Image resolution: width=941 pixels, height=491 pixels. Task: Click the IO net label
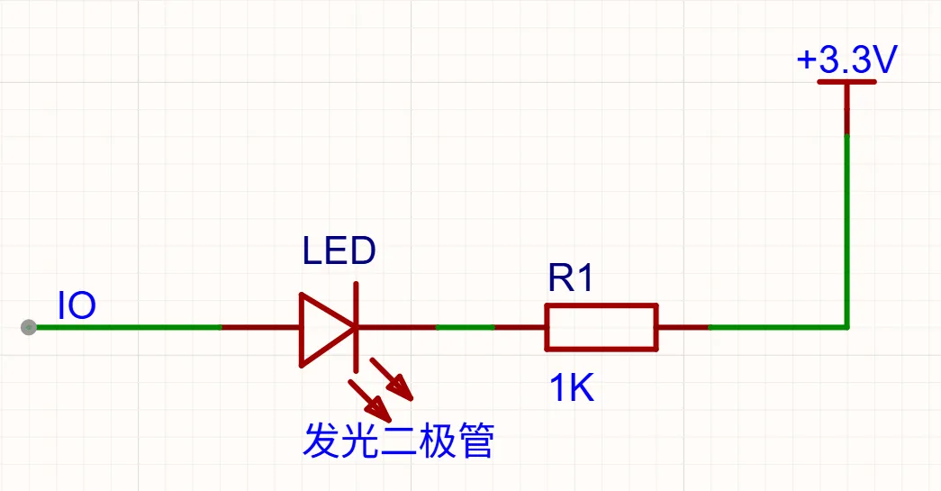(77, 305)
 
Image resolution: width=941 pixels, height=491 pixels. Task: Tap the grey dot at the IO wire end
(28, 327)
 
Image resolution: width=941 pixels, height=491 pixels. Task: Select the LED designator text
(339, 250)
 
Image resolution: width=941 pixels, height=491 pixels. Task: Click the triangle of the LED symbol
(327, 329)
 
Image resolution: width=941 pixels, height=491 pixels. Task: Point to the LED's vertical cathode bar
(356, 328)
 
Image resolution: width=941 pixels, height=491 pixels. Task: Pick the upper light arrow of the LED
(392, 378)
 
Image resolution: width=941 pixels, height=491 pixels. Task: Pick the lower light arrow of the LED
(370, 400)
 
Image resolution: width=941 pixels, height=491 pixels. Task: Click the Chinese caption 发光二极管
(399, 441)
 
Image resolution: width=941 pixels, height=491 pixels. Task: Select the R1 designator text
(571, 277)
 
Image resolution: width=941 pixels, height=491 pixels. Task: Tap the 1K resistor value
(571, 387)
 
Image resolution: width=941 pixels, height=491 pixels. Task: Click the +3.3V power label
(846, 59)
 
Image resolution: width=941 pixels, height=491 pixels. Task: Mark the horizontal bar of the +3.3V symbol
(846, 81)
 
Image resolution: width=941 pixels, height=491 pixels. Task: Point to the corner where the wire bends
(846, 327)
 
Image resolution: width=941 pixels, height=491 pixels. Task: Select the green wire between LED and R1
(466, 327)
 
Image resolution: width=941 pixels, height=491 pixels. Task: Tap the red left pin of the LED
(261, 327)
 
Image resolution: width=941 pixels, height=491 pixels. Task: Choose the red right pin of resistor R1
(683, 327)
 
